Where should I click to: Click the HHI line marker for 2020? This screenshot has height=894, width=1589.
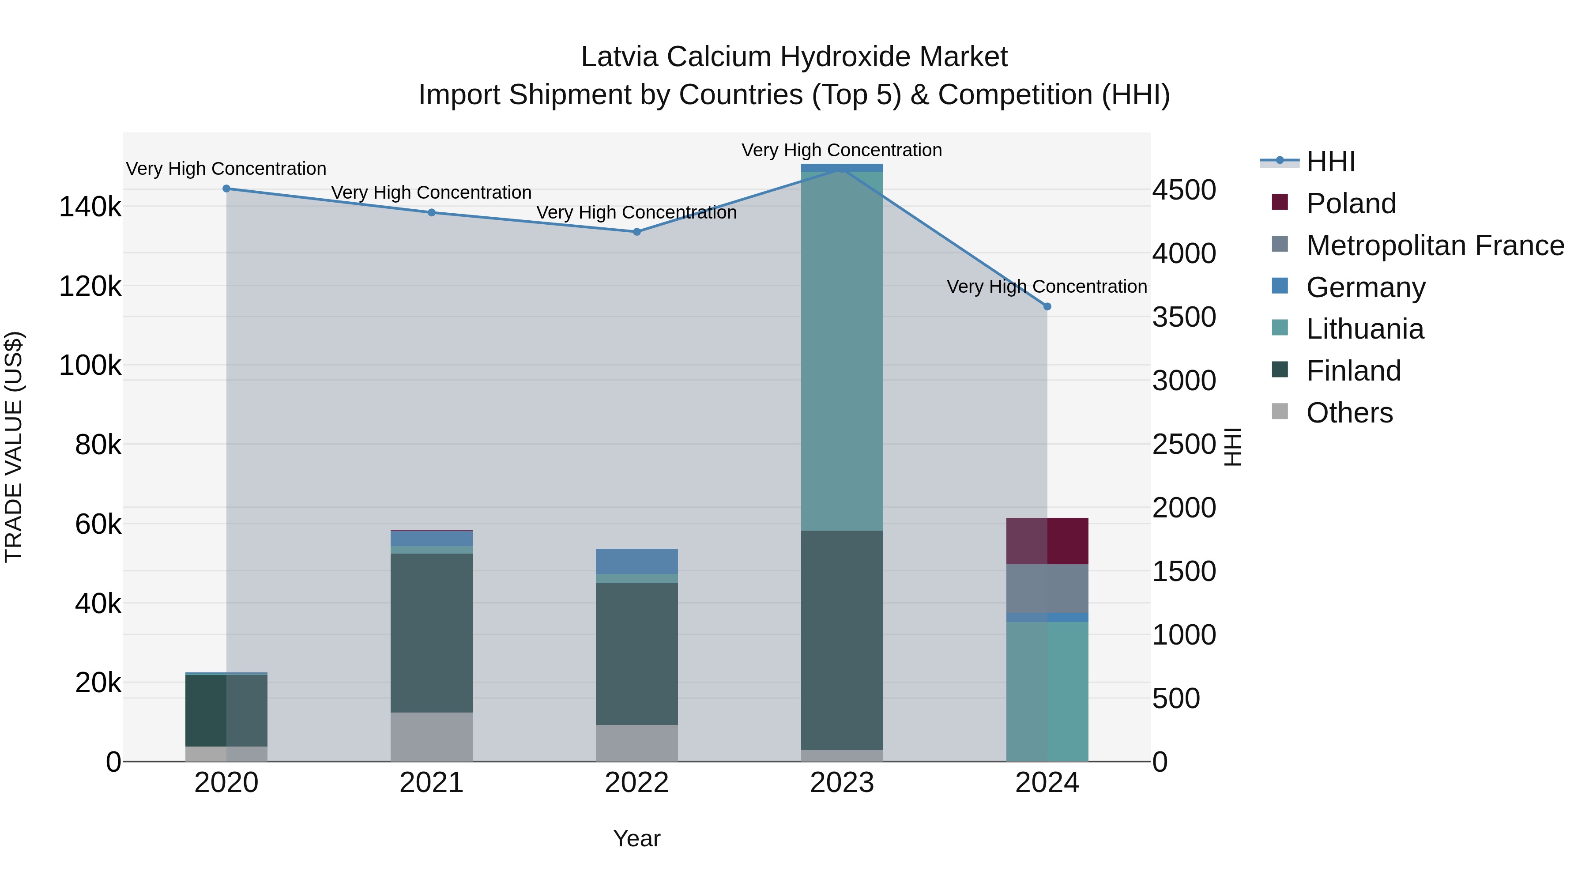coord(226,189)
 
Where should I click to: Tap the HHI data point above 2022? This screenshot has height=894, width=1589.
coord(636,232)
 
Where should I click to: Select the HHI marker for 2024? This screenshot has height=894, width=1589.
coord(1047,307)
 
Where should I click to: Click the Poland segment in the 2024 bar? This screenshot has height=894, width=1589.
coord(1047,541)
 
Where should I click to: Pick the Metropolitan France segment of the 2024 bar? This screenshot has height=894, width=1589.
coord(1047,588)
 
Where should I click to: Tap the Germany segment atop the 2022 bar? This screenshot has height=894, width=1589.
coord(636,562)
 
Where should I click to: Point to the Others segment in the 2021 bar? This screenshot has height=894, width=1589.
coord(431,737)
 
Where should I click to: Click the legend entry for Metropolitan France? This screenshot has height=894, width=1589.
coord(1435,245)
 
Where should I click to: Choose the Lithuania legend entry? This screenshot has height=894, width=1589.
coord(1364,329)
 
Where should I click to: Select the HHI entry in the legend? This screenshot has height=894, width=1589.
coord(1330,162)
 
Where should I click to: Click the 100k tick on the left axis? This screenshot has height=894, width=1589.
coord(90,365)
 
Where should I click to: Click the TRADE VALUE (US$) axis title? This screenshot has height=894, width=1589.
coord(14,447)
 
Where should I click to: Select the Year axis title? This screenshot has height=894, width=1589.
coord(636,838)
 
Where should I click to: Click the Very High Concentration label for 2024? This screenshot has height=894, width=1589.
coord(1047,287)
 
